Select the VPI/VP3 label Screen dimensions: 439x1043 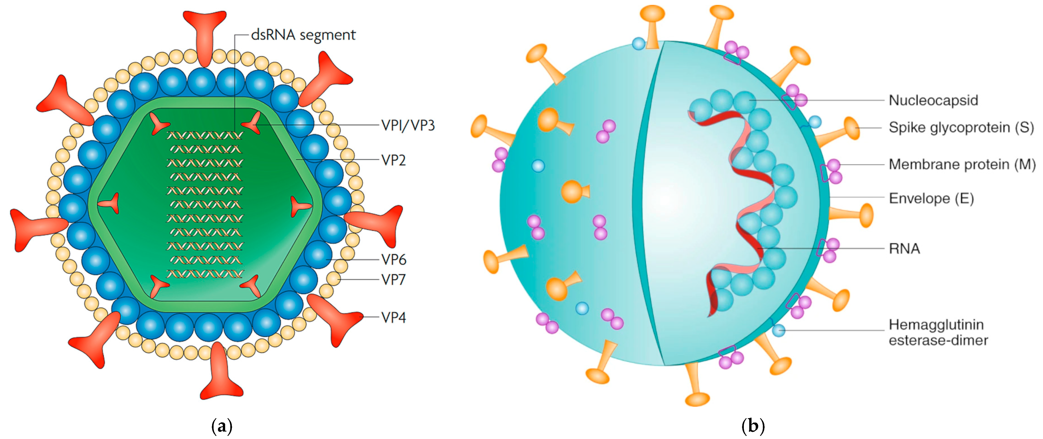408,125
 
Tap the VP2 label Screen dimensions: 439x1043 393,160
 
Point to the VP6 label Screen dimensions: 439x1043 394,260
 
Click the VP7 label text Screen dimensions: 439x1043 393,279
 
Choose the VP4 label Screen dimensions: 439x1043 393,317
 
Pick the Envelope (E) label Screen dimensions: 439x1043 931,198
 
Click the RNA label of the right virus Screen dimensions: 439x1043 904,248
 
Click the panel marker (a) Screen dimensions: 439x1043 222,426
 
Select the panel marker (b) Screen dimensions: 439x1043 753,426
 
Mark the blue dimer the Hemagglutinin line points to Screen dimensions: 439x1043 778,331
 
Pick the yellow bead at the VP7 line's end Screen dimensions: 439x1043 334,279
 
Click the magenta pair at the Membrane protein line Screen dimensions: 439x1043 834,171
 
